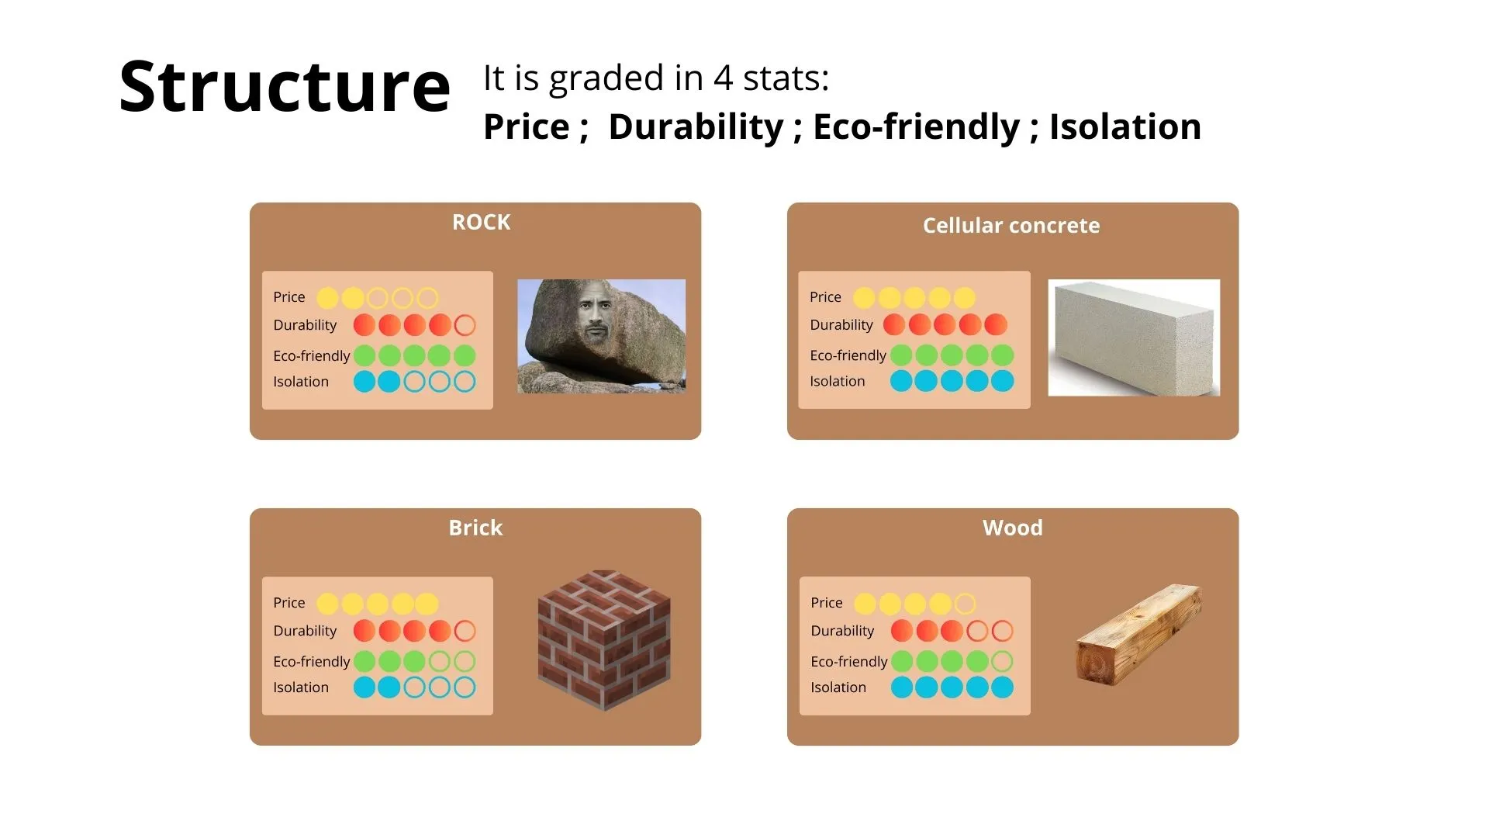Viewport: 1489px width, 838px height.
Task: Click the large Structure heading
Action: (285, 87)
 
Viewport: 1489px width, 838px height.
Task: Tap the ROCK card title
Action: (482, 223)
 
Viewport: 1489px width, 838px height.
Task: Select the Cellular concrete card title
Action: (1011, 226)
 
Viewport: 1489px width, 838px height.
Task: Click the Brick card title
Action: (475, 528)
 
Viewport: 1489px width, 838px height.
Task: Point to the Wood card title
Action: (1013, 528)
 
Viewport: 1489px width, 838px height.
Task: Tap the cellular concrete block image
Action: (1134, 338)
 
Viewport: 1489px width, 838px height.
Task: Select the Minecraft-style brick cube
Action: (604, 640)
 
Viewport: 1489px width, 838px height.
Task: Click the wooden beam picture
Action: (1138, 635)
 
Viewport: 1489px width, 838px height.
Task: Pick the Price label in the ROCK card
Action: (289, 297)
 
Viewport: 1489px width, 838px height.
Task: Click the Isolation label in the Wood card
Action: (838, 687)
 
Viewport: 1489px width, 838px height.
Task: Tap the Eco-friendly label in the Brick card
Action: (312, 662)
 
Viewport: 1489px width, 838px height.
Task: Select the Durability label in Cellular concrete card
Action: (841, 325)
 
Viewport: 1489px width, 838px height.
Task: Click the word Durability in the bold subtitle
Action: (696, 127)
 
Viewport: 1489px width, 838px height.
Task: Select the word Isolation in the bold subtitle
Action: (1125, 127)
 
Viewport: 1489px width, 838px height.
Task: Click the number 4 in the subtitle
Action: (723, 78)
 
